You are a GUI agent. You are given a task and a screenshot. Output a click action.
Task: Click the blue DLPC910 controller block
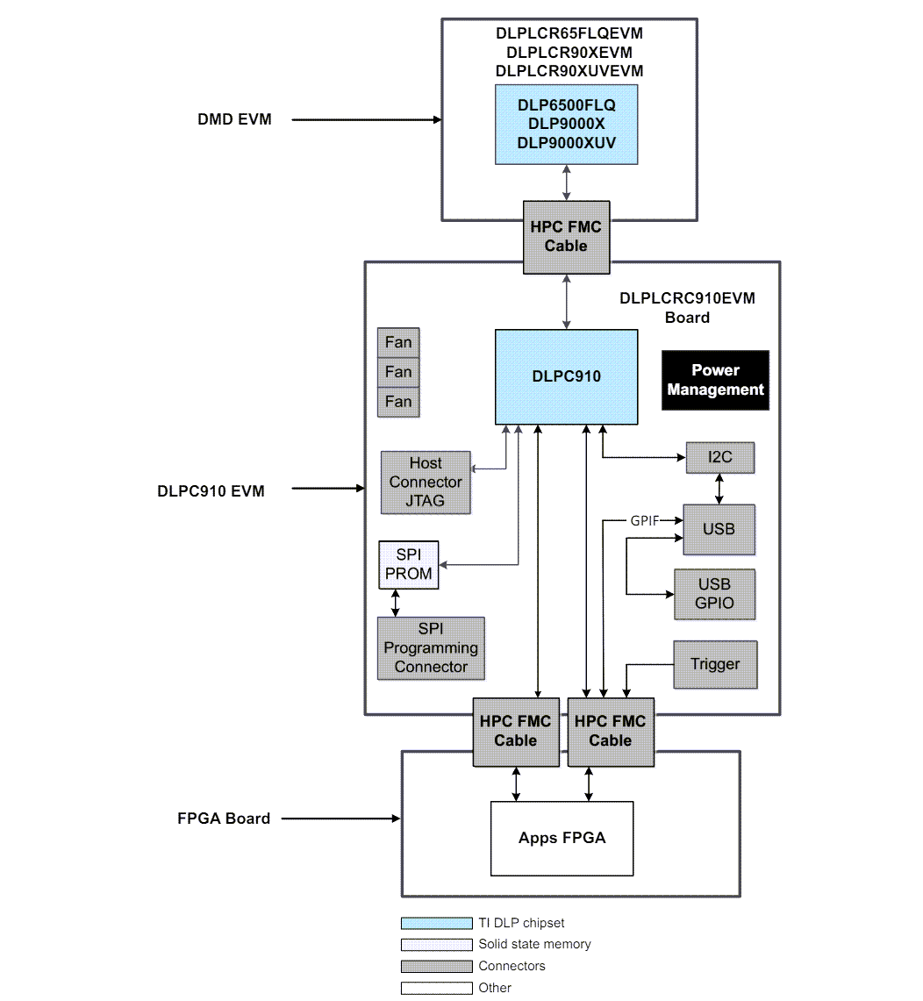[566, 376]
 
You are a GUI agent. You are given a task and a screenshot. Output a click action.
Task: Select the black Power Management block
[715, 380]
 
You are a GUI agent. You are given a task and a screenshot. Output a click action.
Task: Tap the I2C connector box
[719, 457]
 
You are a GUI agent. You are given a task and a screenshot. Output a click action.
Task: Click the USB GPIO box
[714, 594]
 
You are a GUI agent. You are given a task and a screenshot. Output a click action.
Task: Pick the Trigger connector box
[714, 664]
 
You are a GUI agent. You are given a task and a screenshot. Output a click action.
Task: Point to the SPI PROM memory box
[408, 565]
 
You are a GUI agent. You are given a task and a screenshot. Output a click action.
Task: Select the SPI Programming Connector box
[430, 648]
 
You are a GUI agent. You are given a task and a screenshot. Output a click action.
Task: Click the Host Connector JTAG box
[426, 482]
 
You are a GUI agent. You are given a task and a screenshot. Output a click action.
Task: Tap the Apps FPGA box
[562, 838]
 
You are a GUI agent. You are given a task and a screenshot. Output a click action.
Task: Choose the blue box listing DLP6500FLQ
[566, 125]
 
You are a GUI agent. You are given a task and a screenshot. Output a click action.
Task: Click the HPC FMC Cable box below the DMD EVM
[566, 237]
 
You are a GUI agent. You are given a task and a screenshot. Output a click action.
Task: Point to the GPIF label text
[644, 520]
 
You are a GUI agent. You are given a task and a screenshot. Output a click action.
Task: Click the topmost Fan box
[397, 342]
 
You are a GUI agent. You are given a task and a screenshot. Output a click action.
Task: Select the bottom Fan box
[397, 402]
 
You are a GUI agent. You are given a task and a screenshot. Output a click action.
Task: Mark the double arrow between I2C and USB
[719, 489]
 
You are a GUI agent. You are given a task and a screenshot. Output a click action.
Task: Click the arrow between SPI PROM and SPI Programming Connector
[396, 603]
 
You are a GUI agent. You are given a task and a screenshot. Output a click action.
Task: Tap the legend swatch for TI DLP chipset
[436, 923]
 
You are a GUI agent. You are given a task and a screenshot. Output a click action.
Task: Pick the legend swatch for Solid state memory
[436, 945]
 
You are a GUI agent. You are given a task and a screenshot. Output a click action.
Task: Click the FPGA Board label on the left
[224, 819]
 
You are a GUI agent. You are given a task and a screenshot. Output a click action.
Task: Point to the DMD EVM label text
[234, 119]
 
